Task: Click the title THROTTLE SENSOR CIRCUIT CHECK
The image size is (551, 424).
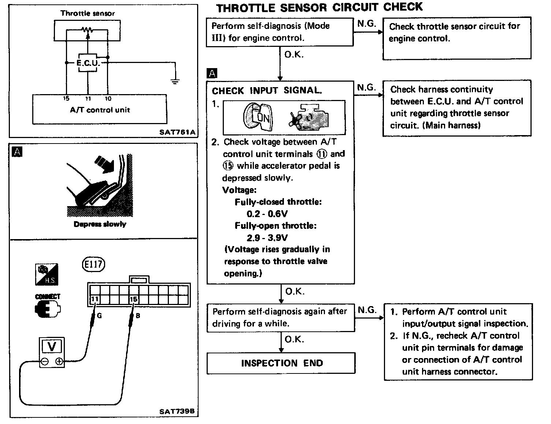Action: point(319,8)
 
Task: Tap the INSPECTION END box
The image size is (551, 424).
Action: point(281,363)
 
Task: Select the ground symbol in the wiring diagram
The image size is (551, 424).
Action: point(175,81)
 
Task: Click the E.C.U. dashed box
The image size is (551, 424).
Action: point(88,63)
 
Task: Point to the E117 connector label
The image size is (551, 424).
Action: point(94,264)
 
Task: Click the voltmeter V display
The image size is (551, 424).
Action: point(52,346)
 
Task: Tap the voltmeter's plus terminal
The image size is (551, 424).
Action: point(59,362)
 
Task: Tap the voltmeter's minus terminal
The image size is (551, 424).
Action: point(45,362)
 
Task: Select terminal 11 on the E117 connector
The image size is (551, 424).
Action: point(95,299)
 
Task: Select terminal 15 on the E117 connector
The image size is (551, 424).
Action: point(133,299)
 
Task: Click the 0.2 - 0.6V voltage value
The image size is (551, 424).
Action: point(267,214)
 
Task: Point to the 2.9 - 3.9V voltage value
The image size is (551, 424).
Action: point(267,238)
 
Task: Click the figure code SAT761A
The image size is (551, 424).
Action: point(177,131)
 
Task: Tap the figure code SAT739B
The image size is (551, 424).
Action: point(177,412)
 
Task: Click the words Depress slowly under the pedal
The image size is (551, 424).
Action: point(100,224)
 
